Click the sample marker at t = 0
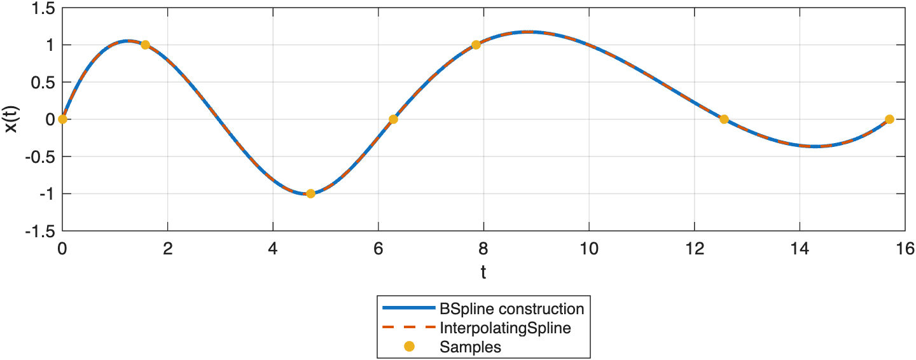[x=62, y=119]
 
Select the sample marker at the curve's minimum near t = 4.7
[x=310, y=193]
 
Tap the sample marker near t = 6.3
[x=393, y=119]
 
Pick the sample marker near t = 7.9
[x=476, y=45]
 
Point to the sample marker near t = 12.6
[x=724, y=119]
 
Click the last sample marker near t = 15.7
[x=889, y=119]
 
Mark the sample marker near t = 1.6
[x=145, y=45]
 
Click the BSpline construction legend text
[x=511, y=309]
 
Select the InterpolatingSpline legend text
[x=504, y=328]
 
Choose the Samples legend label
[x=470, y=347]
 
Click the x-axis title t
[x=483, y=273]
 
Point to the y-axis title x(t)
[x=12, y=119]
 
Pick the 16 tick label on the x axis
[x=905, y=247]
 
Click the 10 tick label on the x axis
[x=589, y=247]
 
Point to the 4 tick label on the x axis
[x=273, y=247]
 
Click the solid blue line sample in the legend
[x=408, y=309]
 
